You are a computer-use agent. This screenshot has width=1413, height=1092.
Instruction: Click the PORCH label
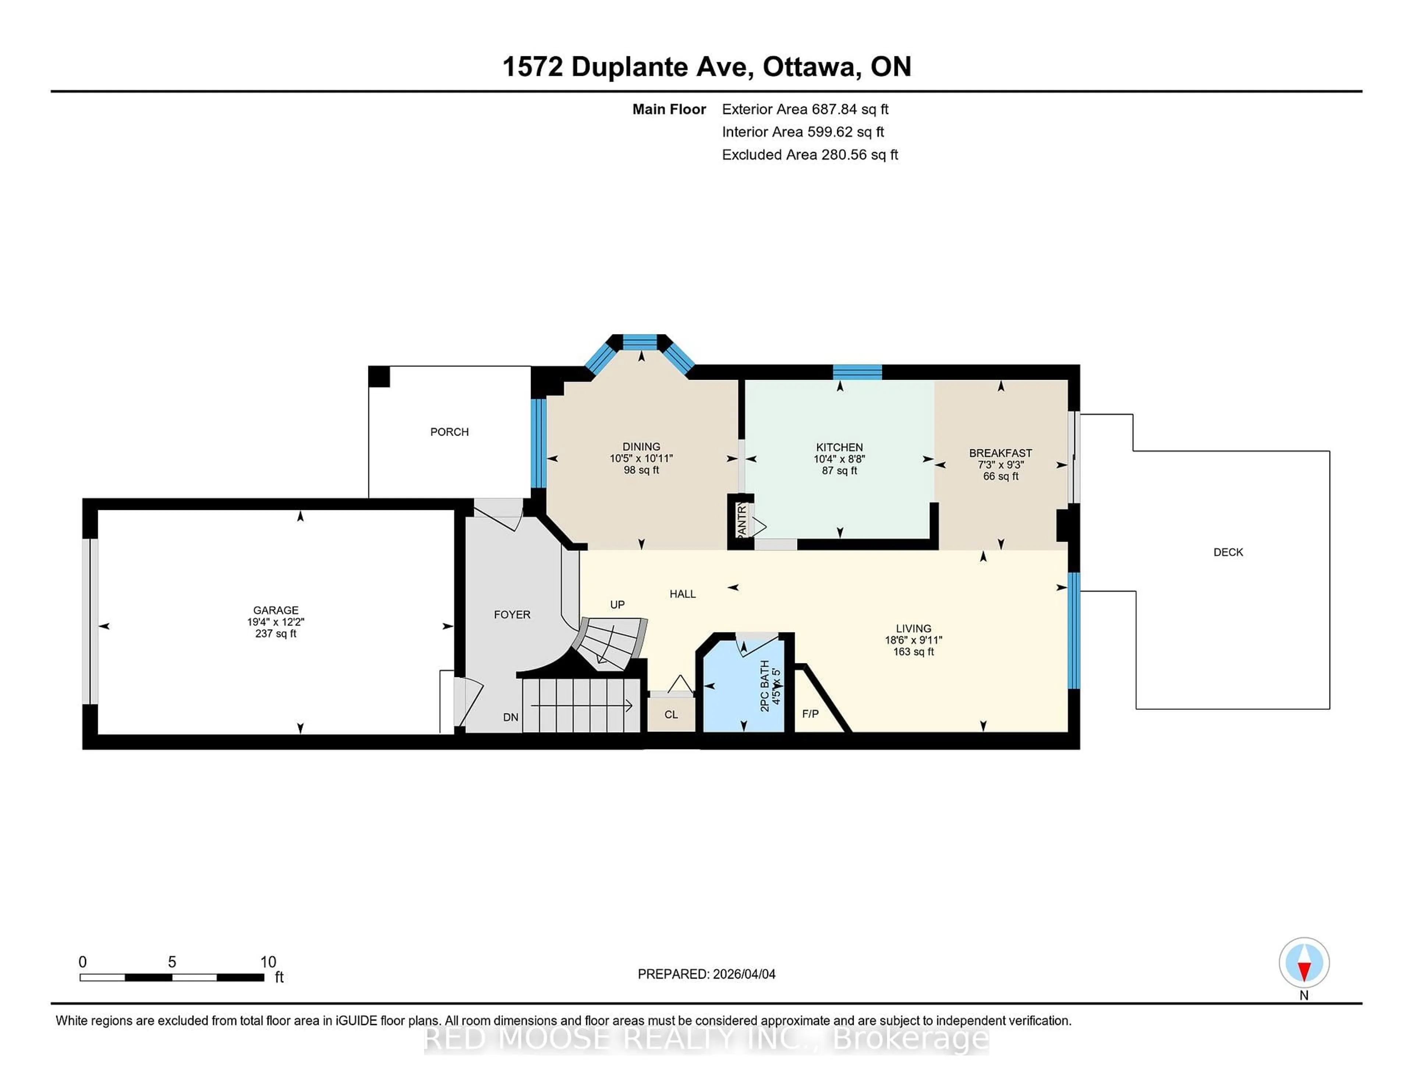point(449,432)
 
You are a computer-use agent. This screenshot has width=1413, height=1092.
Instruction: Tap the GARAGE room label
point(276,610)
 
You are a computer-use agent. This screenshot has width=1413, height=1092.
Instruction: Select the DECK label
point(1228,552)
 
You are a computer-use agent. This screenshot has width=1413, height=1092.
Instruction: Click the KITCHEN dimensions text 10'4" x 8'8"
point(839,459)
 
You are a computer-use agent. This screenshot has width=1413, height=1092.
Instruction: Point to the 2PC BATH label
point(765,686)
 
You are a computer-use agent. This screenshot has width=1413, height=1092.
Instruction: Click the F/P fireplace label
point(810,713)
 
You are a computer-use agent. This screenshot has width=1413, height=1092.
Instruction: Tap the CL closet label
point(671,714)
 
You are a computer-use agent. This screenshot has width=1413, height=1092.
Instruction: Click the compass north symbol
point(1304,962)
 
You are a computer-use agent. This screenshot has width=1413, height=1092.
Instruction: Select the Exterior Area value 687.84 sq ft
point(850,109)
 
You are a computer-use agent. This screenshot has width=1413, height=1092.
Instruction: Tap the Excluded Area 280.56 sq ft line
point(810,155)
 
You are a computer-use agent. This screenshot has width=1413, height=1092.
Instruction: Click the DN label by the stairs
point(510,717)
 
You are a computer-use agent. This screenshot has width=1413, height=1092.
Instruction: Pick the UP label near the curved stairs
point(617,604)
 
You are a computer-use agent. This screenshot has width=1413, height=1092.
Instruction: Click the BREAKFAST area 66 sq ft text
point(1000,476)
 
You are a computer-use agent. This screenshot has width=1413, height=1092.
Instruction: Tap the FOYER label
point(512,614)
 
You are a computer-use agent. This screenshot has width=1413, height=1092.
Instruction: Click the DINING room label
point(641,446)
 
